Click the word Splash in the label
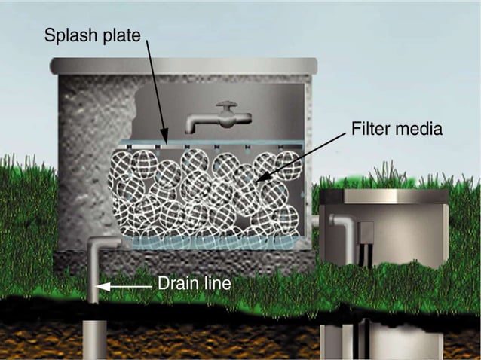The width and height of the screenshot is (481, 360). point(66,35)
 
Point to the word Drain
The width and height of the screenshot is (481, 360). point(178,285)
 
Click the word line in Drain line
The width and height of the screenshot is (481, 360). point(217,285)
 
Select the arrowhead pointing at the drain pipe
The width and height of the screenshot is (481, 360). point(102,286)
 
